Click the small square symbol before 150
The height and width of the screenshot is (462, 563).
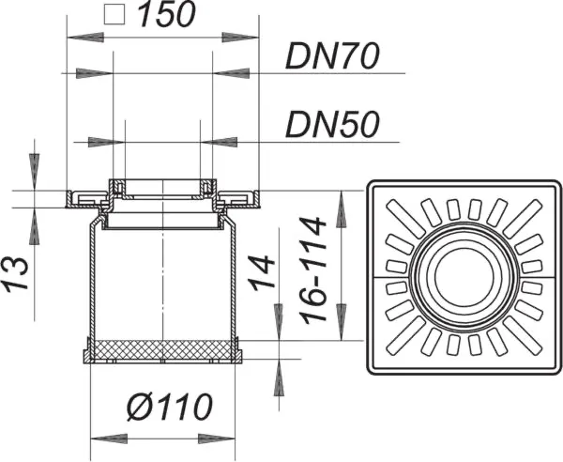pos(115,16)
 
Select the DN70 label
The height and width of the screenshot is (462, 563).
pos(333,58)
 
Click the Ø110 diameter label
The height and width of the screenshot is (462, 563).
pos(166,408)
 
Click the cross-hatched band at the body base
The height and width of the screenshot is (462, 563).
pos(164,350)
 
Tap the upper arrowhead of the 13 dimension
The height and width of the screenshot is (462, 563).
pos(35,172)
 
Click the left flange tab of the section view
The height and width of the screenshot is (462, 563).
pos(85,197)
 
